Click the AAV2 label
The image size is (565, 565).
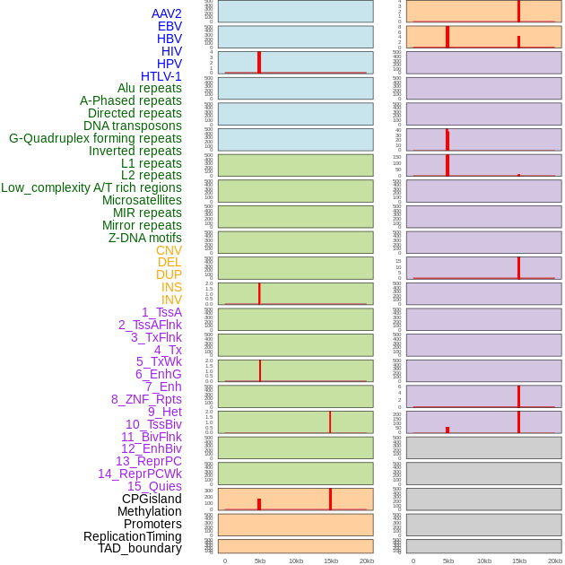coord(167,13)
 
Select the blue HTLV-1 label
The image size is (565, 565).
coord(161,76)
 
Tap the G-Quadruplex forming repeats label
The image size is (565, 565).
coord(95,138)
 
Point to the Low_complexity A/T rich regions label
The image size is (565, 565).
coord(91,187)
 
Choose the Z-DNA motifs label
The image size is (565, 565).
coord(145,238)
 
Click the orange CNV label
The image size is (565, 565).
coord(169,250)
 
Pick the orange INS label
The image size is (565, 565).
coord(171,287)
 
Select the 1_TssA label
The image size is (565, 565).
coord(161,312)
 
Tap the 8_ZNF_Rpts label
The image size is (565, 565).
coord(146,399)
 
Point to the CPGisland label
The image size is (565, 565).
coord(152,499)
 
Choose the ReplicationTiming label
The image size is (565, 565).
coord(133,536)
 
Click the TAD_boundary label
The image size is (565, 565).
coord(140,548)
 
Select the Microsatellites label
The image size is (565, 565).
coord(142,200)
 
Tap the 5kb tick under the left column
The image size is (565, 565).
coord(260,561)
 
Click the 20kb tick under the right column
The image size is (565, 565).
coord(555,561)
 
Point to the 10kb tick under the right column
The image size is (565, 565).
coord(484,561)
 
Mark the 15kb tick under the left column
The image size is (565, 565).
coord(331,561)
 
